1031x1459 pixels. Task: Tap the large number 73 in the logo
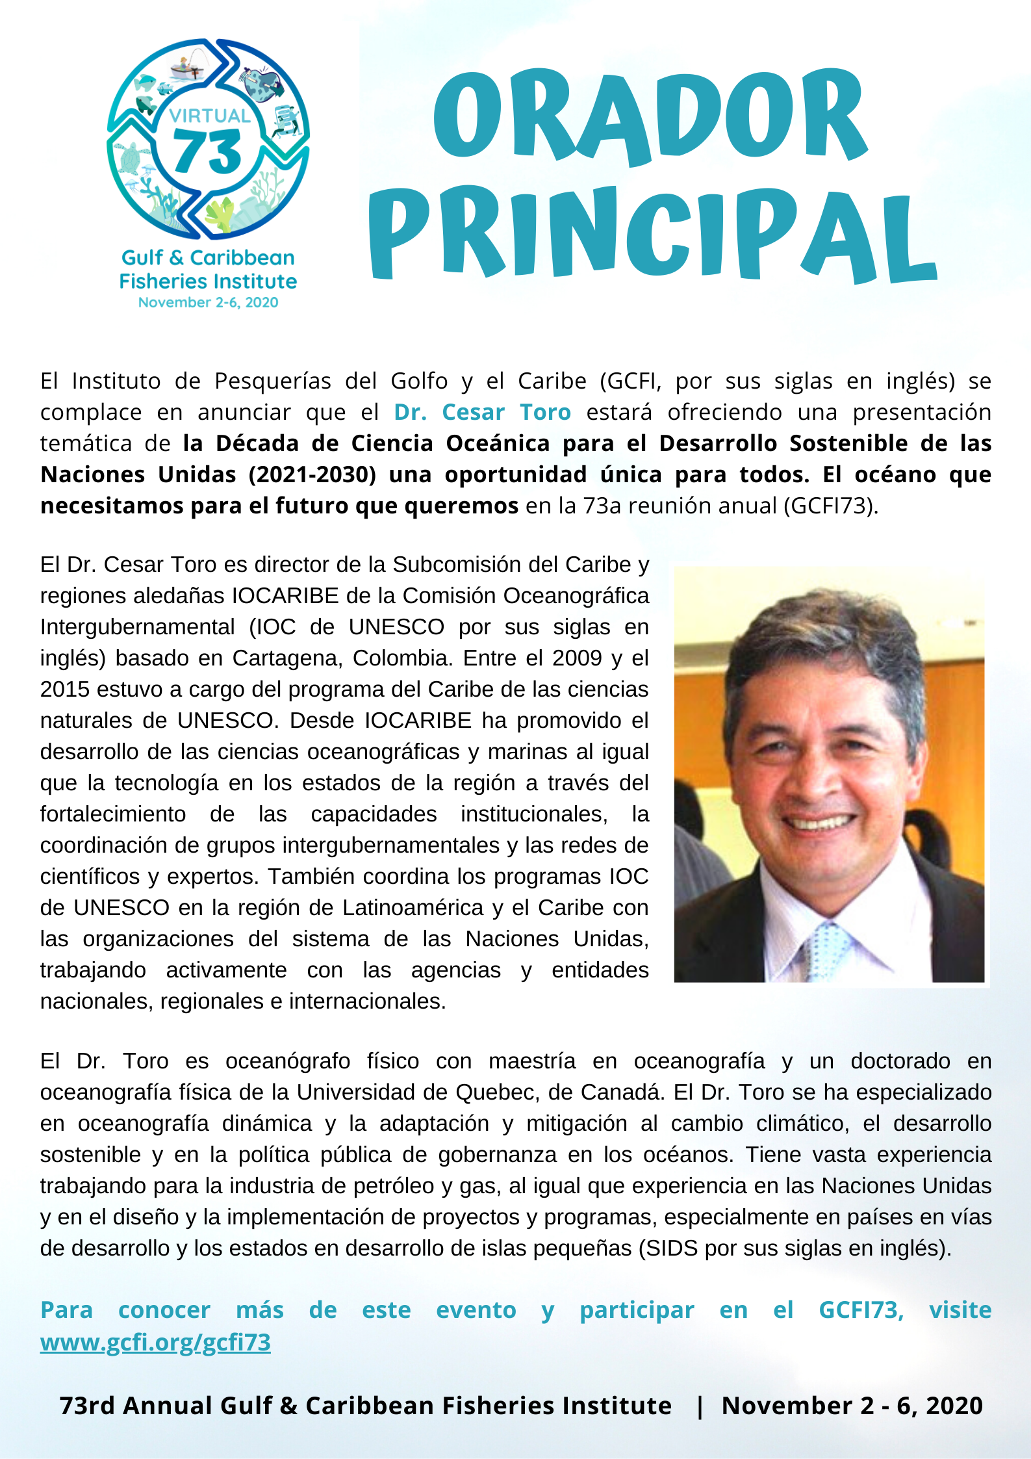208,152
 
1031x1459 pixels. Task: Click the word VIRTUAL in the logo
209,116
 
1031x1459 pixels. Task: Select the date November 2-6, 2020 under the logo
208,302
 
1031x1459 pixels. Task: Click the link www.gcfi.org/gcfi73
155,1342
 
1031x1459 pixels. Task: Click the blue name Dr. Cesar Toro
482,412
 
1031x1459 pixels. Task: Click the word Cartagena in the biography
286,658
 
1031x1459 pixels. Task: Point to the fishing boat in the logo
188,69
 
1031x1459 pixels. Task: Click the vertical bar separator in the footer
699,1406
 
